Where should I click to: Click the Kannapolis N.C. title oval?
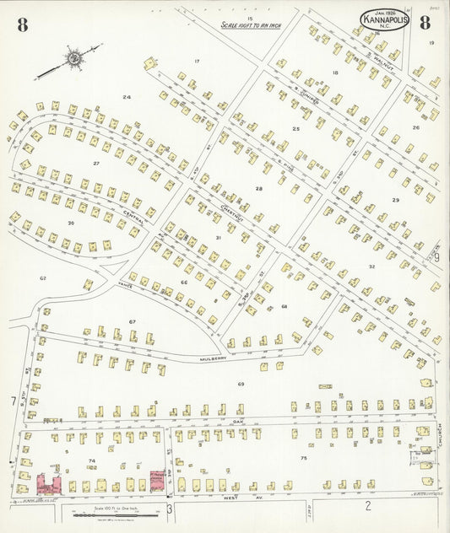[387, 19]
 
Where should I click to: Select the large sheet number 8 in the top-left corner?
[22, 24]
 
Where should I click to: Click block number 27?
[96, 163]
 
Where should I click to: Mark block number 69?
[241, 385]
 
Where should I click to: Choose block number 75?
[302, 457]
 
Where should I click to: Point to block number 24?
[127, 97]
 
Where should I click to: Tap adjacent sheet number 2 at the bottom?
[367, 506]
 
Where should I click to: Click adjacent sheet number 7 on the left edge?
[13, 402]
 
